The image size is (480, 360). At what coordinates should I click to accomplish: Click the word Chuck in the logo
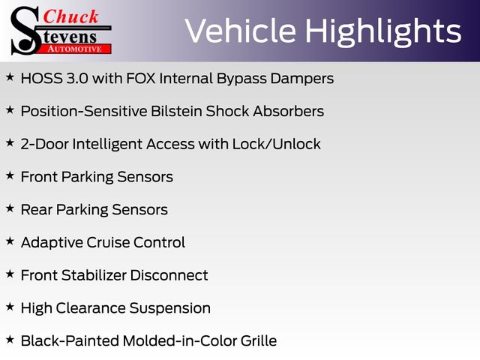coord(70,16)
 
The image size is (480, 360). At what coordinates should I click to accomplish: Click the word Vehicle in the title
coord(241,31)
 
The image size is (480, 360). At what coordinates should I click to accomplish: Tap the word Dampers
coord(301,79)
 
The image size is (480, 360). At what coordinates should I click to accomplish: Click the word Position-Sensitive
coord(84,111)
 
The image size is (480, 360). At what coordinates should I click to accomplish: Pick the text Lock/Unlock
coord(277,144)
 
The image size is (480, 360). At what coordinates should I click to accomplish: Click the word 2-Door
coord(45,144)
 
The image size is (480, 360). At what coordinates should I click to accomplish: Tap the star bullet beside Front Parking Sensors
coord(10,175)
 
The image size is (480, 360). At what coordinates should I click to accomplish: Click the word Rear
coord(37,210)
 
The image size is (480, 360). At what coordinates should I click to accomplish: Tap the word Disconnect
coord(169,275)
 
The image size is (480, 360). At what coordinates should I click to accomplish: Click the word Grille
coord(259,340)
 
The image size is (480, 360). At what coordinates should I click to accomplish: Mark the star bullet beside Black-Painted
coord(10,340)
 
